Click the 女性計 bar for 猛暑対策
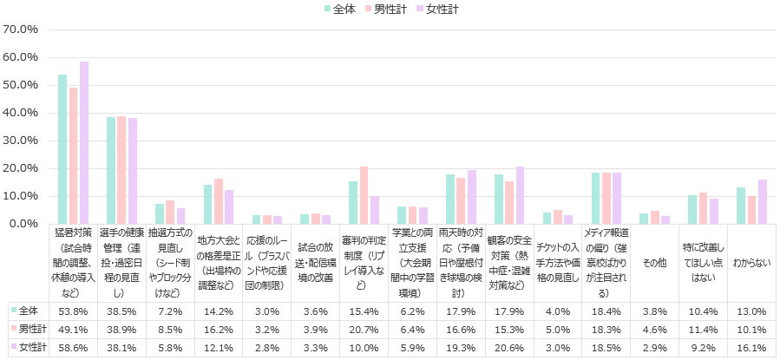pos(84,142)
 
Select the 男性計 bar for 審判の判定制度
pos(364,195)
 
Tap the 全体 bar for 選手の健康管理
pos(111,170)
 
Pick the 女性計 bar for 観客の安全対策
pos(520,195)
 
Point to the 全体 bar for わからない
pos(740,206)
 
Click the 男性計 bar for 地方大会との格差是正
pos(219,201)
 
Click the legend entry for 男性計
pos(390,9)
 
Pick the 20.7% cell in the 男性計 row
pos(364,330)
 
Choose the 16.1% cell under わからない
pos(751,347)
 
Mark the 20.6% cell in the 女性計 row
pos(509,347)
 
